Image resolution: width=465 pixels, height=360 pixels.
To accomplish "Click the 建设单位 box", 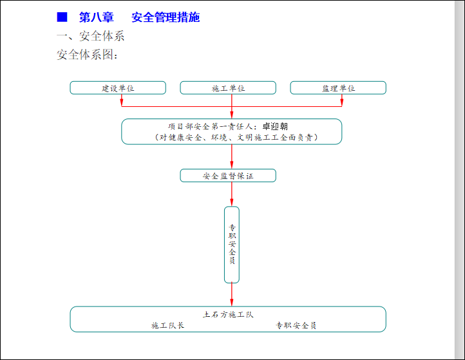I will click(x=118, y=88).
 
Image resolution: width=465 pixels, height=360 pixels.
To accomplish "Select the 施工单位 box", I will click(x=228, y=88).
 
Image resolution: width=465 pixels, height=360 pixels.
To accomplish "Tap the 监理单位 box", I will click(x=338, y=88).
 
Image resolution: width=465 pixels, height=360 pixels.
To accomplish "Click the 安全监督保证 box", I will click(x=228, y=176).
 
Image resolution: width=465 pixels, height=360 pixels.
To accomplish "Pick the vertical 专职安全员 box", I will click(x=232, y=245).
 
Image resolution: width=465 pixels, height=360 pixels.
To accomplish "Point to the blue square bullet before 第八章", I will click(x=62, y=17).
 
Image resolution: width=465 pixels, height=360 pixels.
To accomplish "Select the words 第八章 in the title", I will click(x=95, y=17).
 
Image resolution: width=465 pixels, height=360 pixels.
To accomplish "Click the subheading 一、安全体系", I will click(x=91, y=36).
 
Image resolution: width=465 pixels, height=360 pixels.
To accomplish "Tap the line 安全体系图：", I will click(x=88, y=55).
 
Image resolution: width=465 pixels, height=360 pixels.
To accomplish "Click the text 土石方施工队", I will click(x=228, y=315).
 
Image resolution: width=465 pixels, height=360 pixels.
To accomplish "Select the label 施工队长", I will click(x=168, y=326).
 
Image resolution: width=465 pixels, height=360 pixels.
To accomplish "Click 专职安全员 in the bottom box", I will click(x=296, y=326).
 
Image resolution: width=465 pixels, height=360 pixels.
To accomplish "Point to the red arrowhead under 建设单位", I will click(x=122, y=103).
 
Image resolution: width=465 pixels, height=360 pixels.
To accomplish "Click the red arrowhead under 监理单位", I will click(x=341, y=103).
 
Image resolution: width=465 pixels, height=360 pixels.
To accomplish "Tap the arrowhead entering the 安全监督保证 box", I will click(x=232, y=166).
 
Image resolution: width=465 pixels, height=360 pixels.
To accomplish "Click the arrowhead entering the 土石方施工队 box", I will click(x=232, y=303).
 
